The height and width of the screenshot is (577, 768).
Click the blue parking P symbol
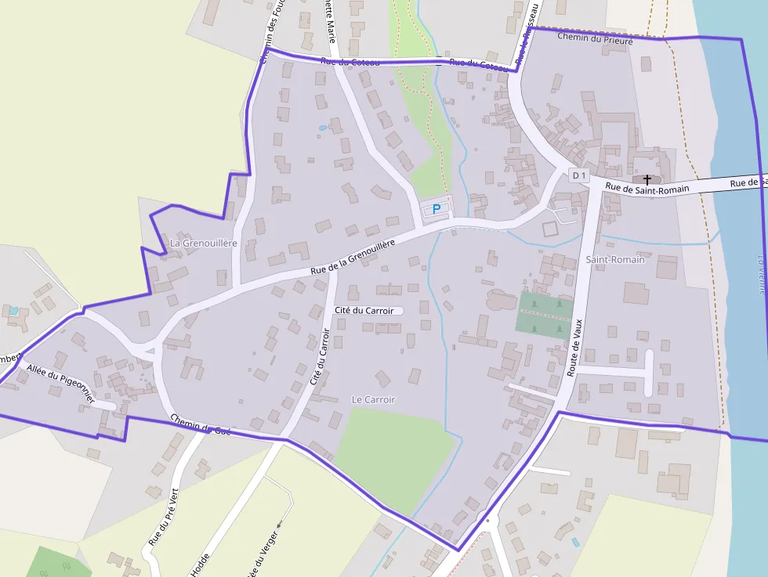(437, 209)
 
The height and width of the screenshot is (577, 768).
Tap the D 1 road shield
(578, 176)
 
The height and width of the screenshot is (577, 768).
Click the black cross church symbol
(647, 180)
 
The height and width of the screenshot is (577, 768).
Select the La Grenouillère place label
(203, 243)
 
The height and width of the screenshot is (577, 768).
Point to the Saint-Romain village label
(615, 259)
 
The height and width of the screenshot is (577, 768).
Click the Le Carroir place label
(374, 399)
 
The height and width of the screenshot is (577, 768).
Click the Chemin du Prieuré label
(594, 38)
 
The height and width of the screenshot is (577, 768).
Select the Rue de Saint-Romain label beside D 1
(647, 189)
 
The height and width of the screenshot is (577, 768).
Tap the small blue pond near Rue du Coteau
(323, 128)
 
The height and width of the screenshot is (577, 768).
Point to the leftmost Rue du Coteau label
(350, 62)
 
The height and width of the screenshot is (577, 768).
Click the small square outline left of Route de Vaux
(550, 229)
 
